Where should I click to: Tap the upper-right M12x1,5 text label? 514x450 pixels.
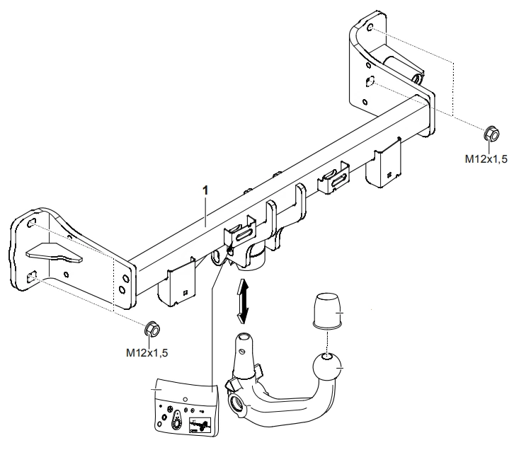(486, 160)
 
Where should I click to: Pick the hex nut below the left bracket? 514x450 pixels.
(151, 328)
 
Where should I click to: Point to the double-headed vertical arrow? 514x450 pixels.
(243, 300)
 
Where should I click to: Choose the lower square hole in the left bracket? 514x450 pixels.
(31, 278)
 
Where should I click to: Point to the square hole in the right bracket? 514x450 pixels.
(369, 82)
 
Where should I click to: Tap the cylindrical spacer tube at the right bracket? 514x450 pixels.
(400, 62)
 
